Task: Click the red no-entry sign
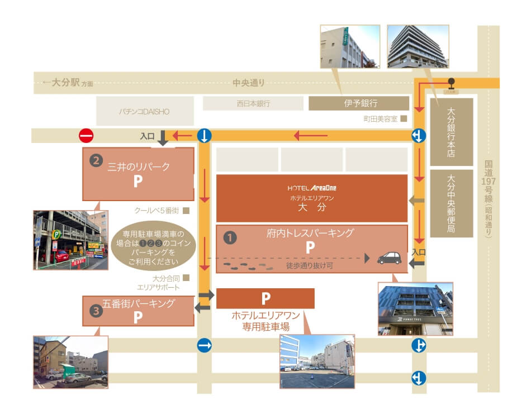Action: point(86,135)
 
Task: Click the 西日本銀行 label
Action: point(253,103)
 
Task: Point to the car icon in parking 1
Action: point(389,258)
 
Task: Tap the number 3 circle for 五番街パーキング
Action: point(97,312)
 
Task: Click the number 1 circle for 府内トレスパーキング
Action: point(229,237)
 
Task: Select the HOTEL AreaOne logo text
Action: point(312,188)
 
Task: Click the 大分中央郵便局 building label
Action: point(451,203)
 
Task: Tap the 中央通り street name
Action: point(249,83)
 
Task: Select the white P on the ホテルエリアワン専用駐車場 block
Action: point(265,298)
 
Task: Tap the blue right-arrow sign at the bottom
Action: point(205,346)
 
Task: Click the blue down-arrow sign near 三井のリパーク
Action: point(205,135)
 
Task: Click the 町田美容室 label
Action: point(380,119)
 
